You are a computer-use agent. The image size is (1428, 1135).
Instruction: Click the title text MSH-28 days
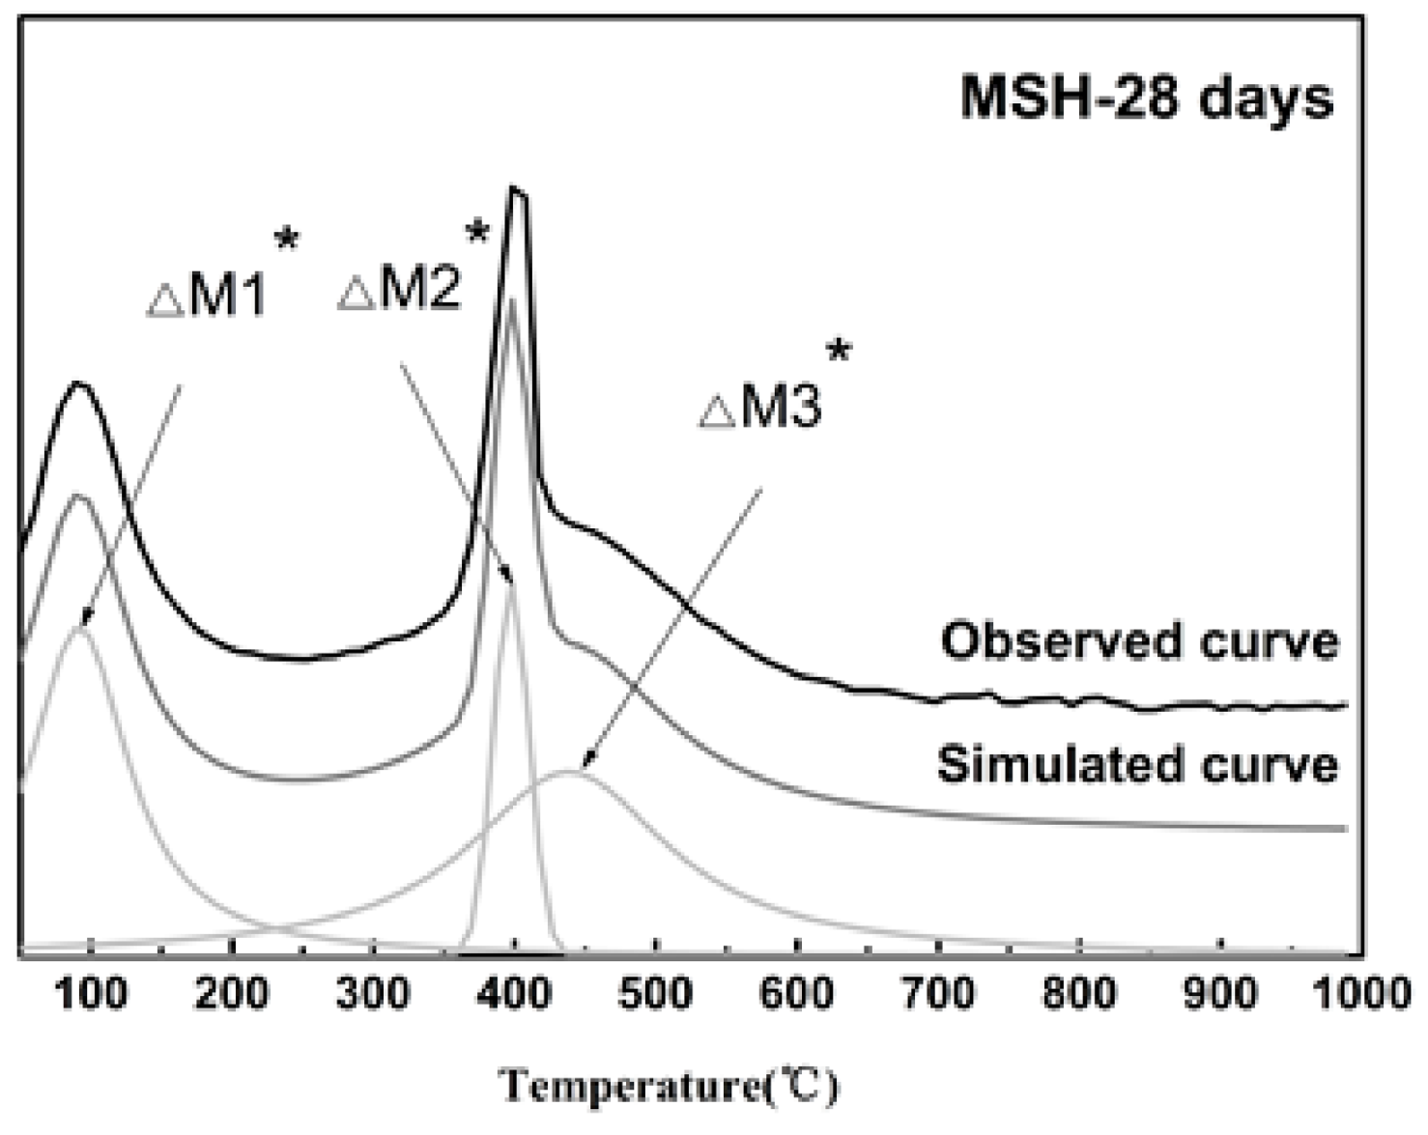tap(1146, 99)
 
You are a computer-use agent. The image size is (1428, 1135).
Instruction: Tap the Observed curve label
tap(1140, 642)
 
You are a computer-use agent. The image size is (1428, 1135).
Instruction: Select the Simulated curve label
tap(1137, 765)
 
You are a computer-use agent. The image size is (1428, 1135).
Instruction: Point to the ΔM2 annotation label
tap(400, 289)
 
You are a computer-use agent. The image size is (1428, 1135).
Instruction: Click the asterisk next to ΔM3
tap(838, 352)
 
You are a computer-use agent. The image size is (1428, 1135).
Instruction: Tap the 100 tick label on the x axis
tap(91, 993)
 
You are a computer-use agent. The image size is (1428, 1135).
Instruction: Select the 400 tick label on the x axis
tap(514, 993)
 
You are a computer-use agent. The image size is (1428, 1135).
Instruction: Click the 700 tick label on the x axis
tap(938, 993)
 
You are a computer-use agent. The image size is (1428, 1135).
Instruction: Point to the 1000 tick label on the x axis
tap(1362, 993)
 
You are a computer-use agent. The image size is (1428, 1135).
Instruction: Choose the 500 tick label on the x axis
tap(655, 993)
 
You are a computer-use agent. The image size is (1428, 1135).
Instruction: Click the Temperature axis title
tap(669, 1087)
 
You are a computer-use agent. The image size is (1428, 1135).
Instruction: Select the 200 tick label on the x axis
tap(232, 993)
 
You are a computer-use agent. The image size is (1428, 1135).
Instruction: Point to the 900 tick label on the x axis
tap(1221, 993)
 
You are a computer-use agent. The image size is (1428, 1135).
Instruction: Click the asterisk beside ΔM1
tap(286, 238)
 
